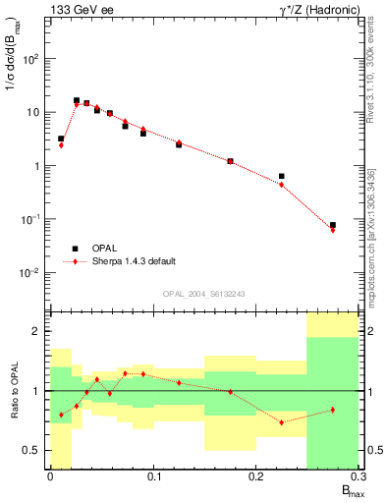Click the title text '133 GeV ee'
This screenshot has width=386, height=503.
77,10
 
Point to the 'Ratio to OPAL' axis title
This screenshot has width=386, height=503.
11,390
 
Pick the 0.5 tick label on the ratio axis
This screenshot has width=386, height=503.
31,450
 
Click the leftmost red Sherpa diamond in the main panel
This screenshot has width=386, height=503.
61,144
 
